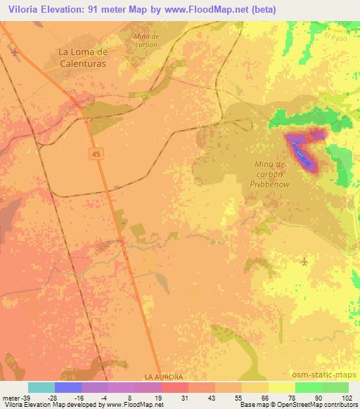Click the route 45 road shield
click(95, 153)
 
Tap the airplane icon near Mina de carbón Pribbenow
click(304, 262)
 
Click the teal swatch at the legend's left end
click(41, 387)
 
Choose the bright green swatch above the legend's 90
click(308, 387)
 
